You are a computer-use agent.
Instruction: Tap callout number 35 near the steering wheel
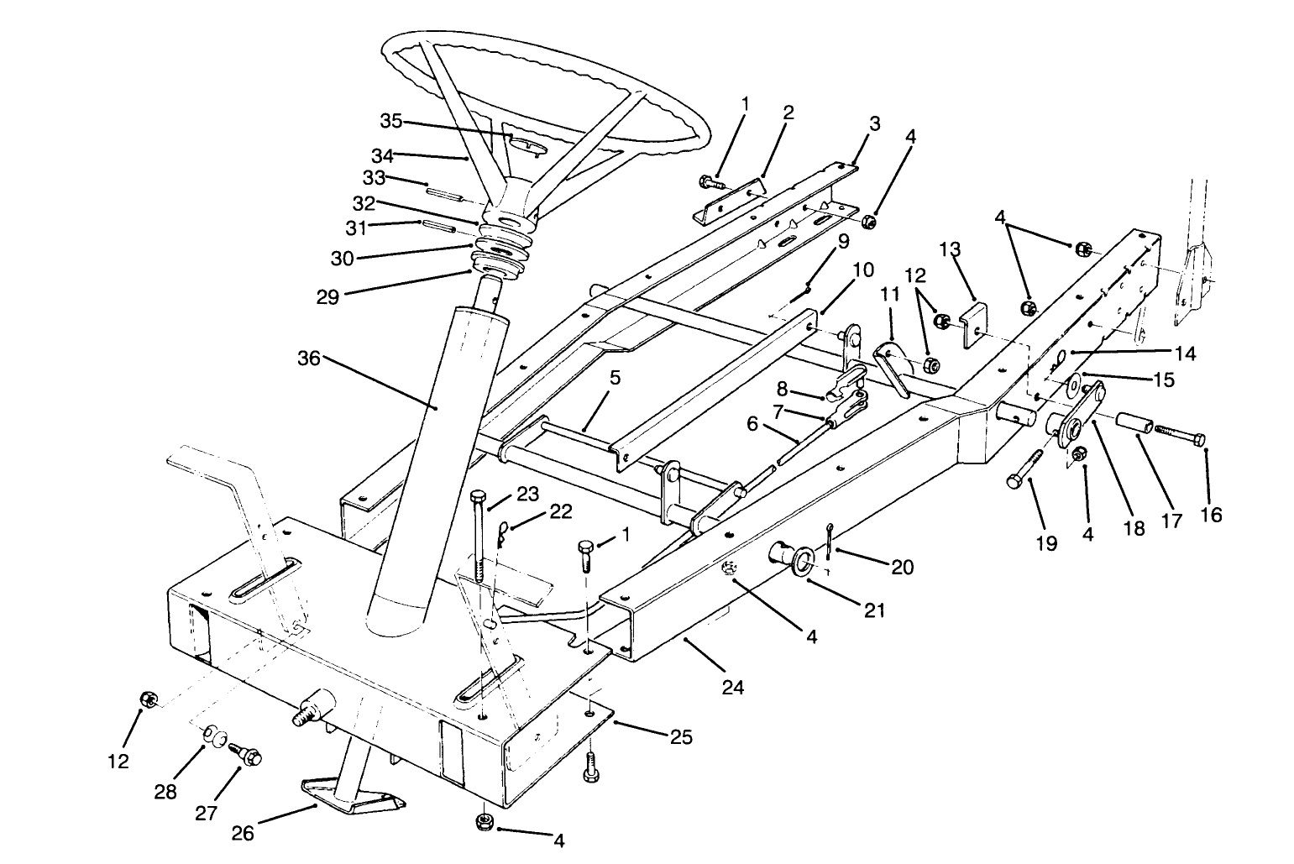(x=391, y=121)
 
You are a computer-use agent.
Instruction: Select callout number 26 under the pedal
(x=243, y=834)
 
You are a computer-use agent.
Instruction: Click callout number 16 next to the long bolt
(x=1210, y=514)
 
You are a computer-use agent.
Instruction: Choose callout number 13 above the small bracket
(x=950, y=249)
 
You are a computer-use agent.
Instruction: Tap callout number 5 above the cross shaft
(x=615, y=378)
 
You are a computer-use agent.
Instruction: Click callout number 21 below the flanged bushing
(x=874, y=610)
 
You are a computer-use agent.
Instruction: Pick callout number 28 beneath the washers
(x=165, y=791)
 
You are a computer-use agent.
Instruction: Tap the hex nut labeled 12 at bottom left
(x=147, y=699)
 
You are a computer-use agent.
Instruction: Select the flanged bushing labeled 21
(x=789, y=558)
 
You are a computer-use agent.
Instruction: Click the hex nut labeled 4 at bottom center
(x=485, y=821)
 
